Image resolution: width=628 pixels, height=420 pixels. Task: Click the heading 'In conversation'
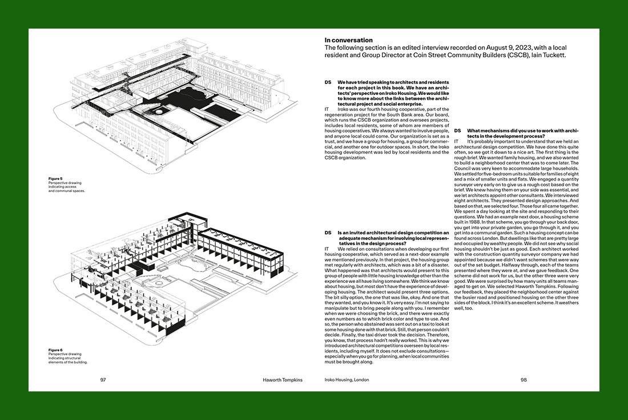[348, 41]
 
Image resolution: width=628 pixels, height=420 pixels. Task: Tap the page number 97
[103, 379]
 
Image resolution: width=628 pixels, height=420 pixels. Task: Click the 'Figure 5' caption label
[55, 179]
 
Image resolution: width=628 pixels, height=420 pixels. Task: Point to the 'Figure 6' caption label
[55, 350]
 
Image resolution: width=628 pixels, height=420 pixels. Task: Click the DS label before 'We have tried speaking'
[328, 82]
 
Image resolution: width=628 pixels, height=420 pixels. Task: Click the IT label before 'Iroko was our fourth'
[327, 109]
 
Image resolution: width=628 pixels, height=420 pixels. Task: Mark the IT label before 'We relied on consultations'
[327, 249]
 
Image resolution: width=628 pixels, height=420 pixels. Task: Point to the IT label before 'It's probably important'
[456, 141]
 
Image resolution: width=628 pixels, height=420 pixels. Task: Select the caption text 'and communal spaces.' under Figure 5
[66, 191]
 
